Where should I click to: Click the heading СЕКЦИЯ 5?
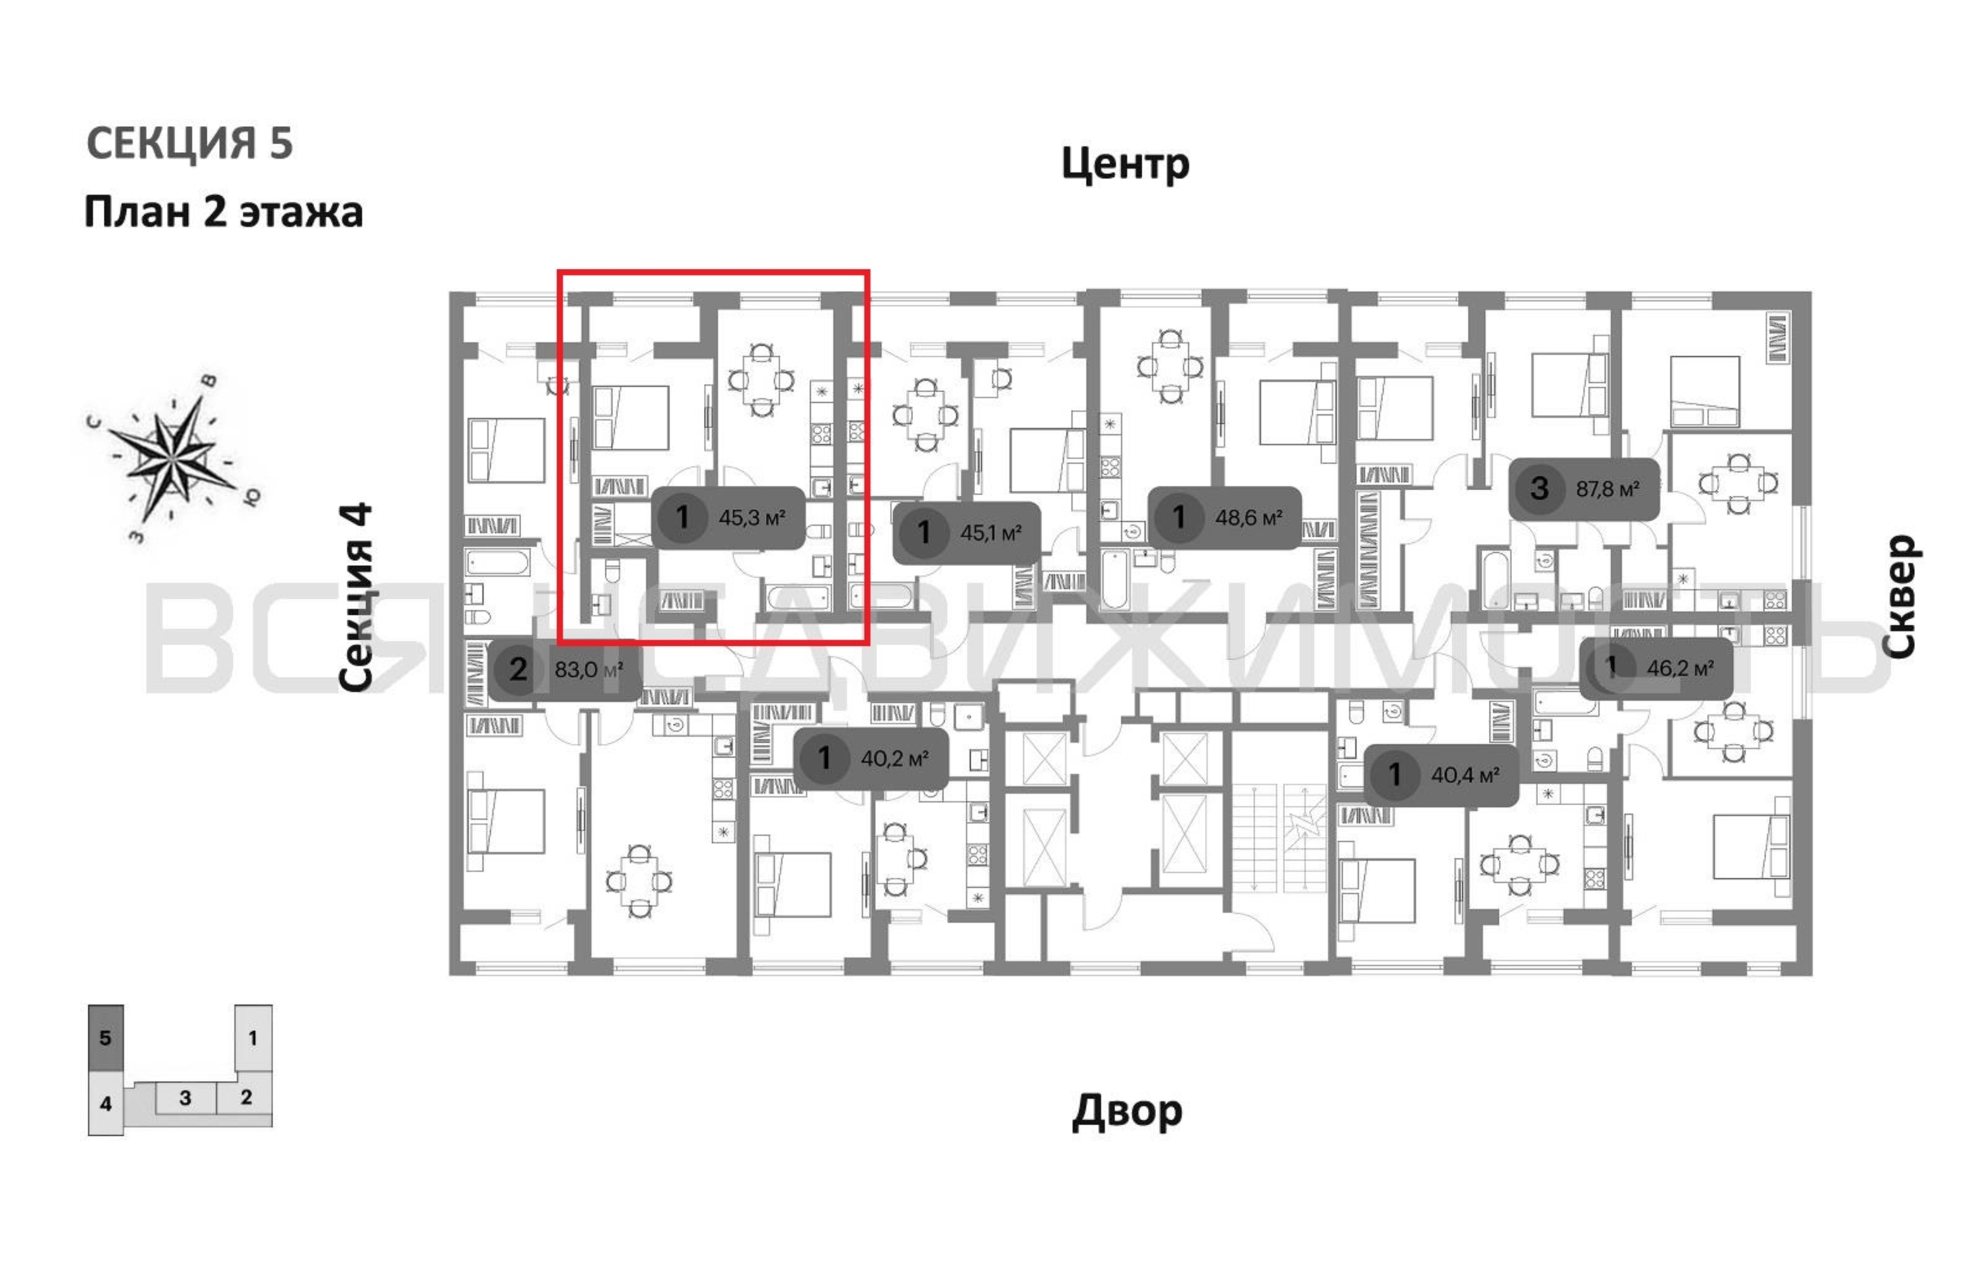190,144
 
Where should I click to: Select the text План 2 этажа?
223,212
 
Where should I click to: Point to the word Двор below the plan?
1127,1112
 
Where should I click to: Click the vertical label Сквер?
1899,596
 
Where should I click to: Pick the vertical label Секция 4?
356,598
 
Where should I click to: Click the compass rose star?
171,457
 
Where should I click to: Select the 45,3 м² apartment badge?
729,517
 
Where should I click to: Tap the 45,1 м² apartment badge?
967,533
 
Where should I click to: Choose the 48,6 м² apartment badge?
1224,517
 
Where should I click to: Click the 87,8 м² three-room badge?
1584,489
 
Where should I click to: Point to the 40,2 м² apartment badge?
871,758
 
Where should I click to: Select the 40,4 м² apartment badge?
1441,775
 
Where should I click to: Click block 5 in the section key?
106,1037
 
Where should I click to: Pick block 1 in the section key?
253,1037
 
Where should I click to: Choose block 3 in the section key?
185,1098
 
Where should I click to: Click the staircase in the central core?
1279,836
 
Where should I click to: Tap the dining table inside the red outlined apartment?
761,381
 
